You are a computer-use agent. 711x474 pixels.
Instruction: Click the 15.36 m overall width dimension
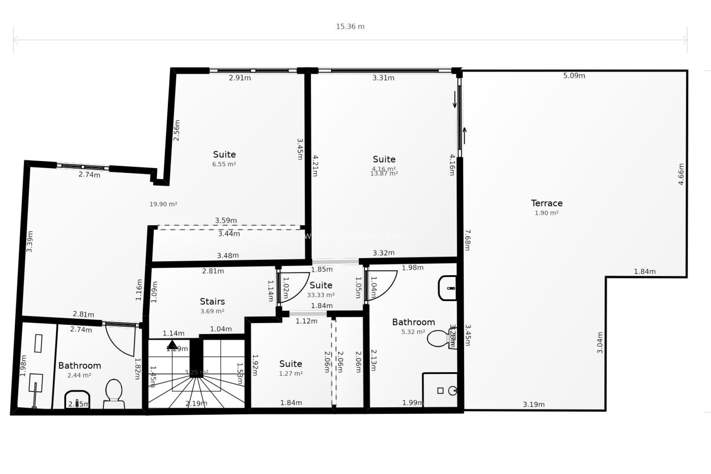pos(350,27)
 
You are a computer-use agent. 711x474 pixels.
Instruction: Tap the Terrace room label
pos(547,203)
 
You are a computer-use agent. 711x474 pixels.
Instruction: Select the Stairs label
pos(212,301)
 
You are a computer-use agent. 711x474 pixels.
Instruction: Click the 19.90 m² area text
pos(163,204)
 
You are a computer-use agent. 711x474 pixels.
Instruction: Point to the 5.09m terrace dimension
pos(574,76)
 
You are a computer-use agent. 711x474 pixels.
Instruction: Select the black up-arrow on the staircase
pos(172,344)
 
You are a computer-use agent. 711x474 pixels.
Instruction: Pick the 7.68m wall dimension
pos(467,240)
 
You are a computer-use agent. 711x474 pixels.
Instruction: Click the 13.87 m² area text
pos(384,173)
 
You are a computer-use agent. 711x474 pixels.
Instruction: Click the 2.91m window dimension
pos(240,78)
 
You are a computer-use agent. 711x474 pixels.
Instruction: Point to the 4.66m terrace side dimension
pos(681,174)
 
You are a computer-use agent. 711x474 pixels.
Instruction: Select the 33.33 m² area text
pos(321,295)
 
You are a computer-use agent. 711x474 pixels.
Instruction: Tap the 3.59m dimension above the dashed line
pos(226,220)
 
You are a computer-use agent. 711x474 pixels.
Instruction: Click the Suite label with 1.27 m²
pos(291,364)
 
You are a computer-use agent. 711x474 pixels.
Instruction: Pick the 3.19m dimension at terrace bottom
pos(534,405)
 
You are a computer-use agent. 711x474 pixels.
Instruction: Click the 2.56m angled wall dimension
pos(177,130)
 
